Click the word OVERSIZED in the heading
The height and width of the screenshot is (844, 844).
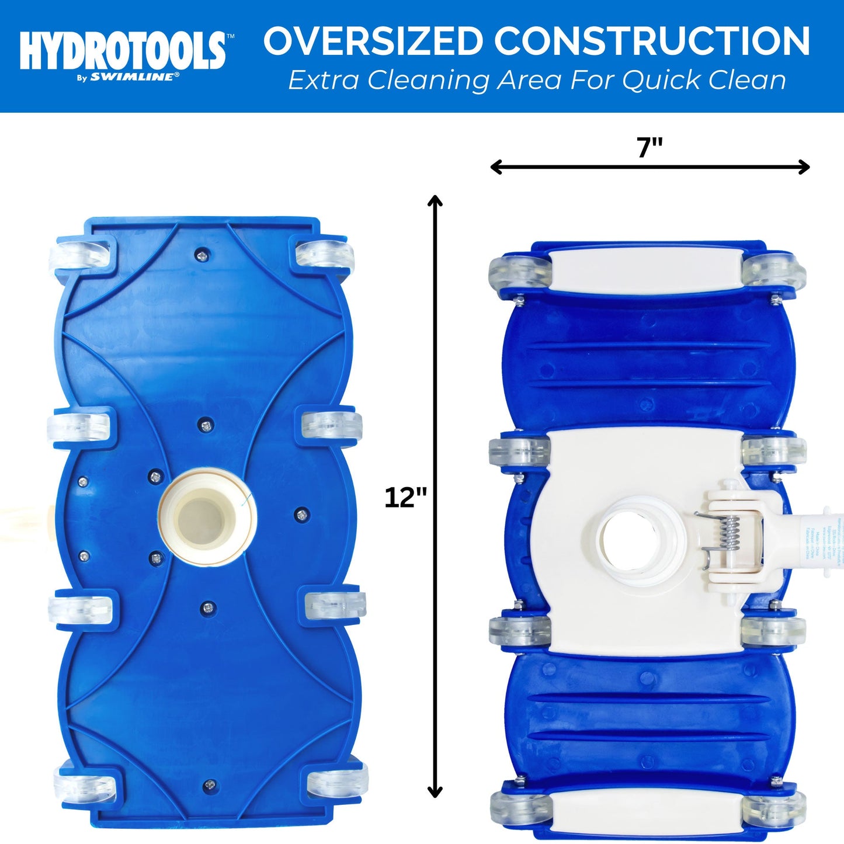373,41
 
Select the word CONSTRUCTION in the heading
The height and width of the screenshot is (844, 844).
652,41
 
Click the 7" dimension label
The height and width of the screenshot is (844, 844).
650,147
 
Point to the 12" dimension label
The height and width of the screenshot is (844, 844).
405,498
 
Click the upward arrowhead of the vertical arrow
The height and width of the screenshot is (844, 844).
435,201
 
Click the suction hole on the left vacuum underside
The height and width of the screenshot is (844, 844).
206,516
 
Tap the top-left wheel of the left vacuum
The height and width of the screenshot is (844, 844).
82,255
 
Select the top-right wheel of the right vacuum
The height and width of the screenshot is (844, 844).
774,270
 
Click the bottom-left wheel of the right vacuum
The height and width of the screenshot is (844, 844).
519,808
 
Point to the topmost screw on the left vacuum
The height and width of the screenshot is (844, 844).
202,253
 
